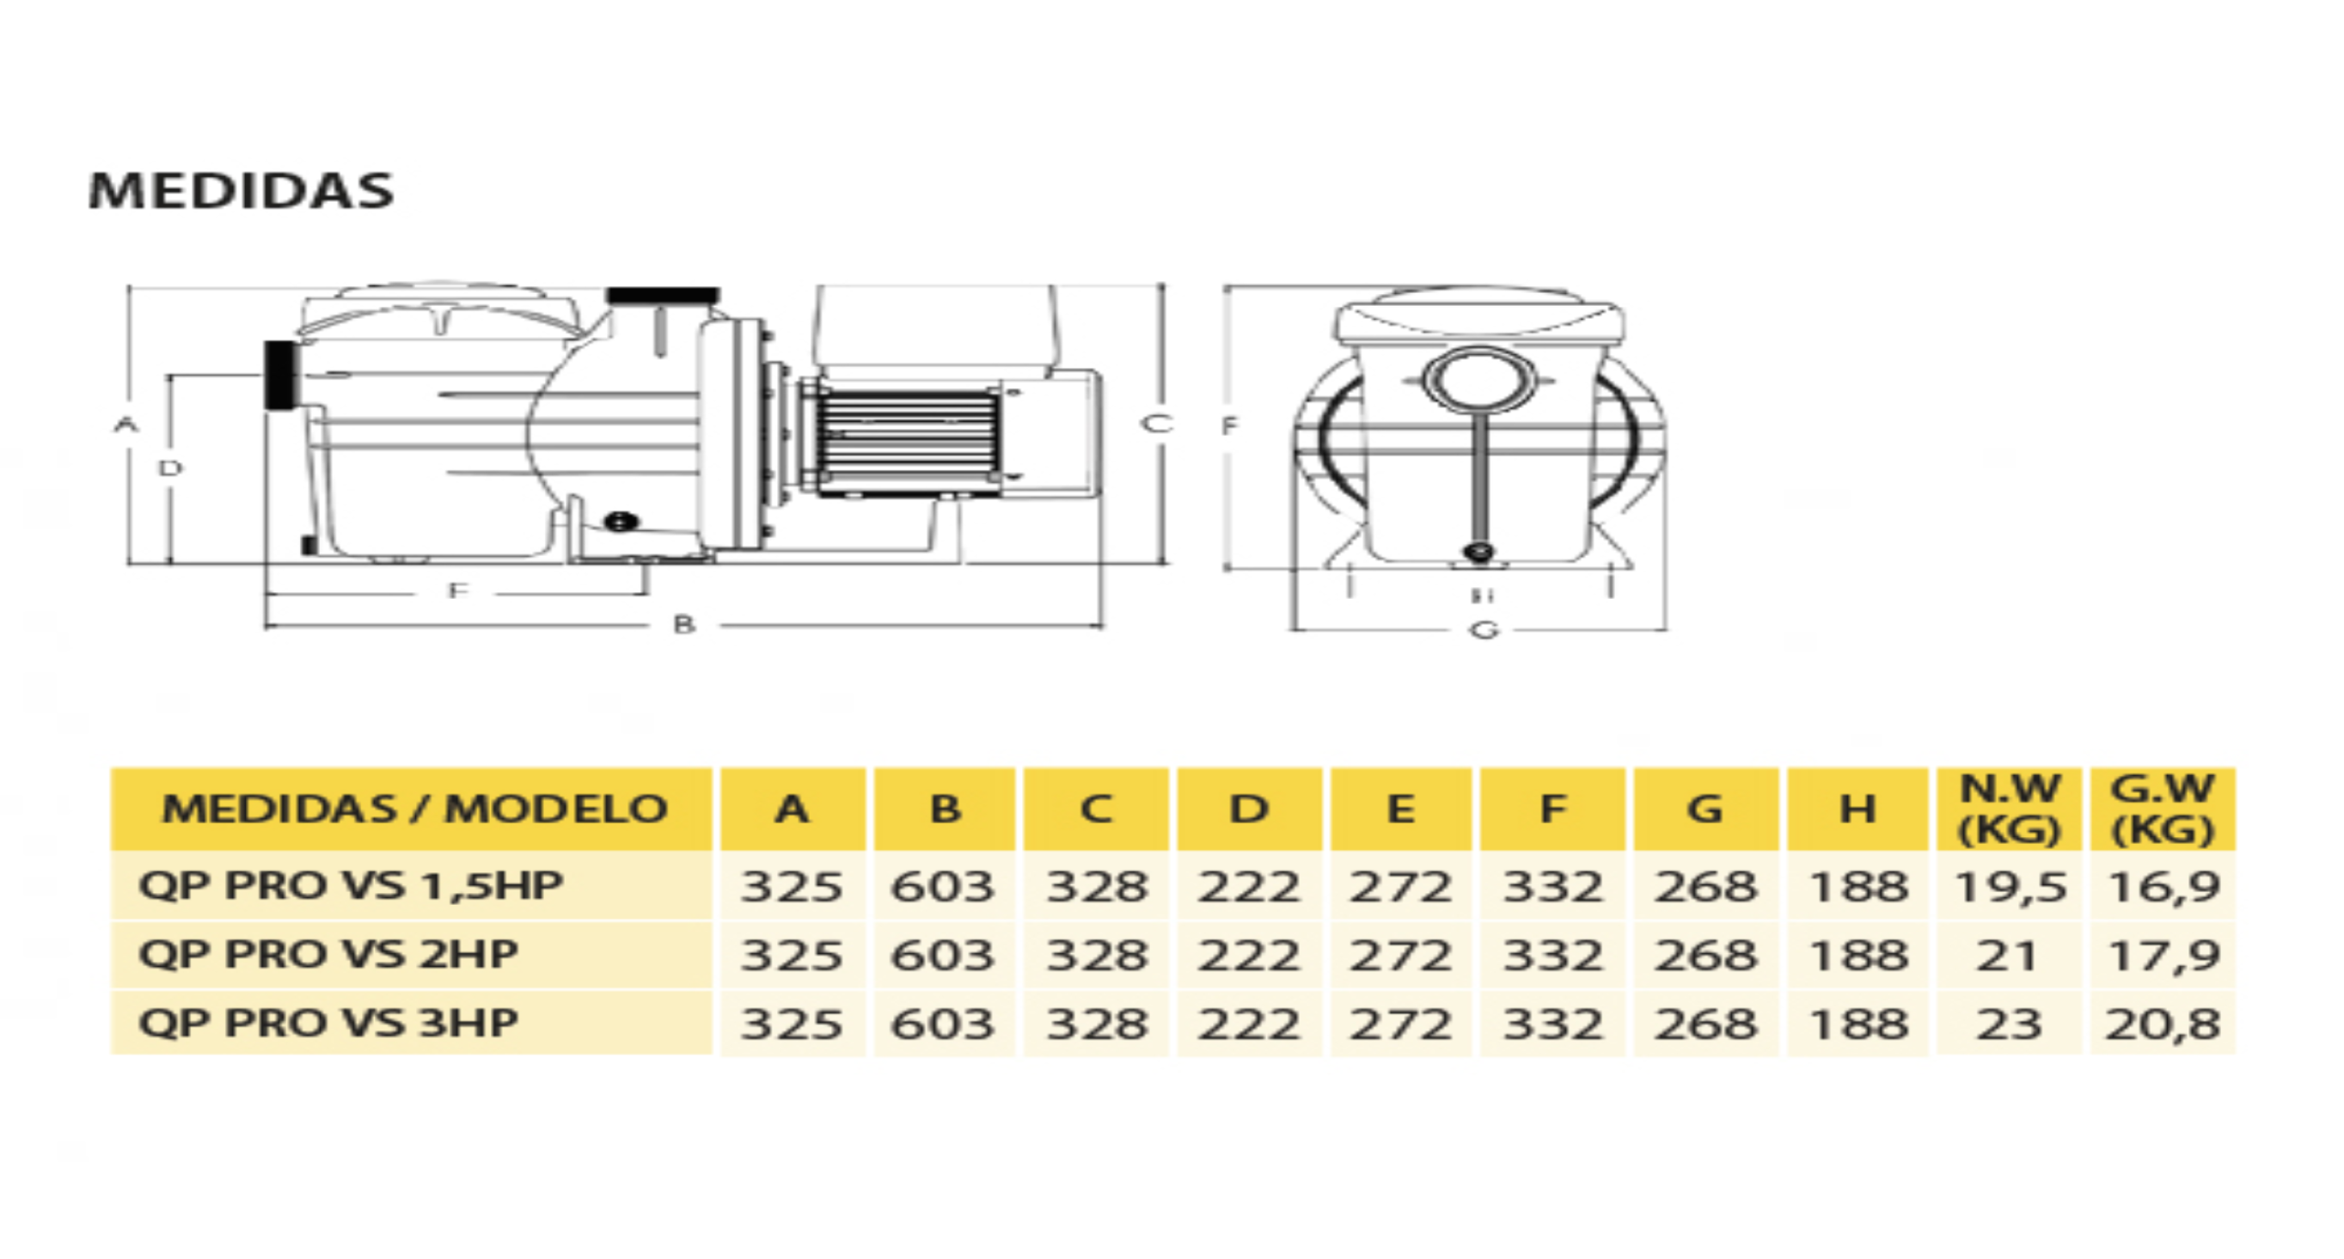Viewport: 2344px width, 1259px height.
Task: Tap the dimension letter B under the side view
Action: (x=684, y=625)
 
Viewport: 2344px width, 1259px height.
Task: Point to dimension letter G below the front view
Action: (x=1484, y=629)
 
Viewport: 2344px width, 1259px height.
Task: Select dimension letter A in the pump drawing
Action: (x=126, y=424)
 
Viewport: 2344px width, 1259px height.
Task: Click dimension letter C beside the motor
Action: (x=1157, y=423)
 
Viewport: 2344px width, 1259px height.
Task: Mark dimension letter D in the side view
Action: (x=170, y=468)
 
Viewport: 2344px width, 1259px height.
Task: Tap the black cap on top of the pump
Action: (x=663, y=296)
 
